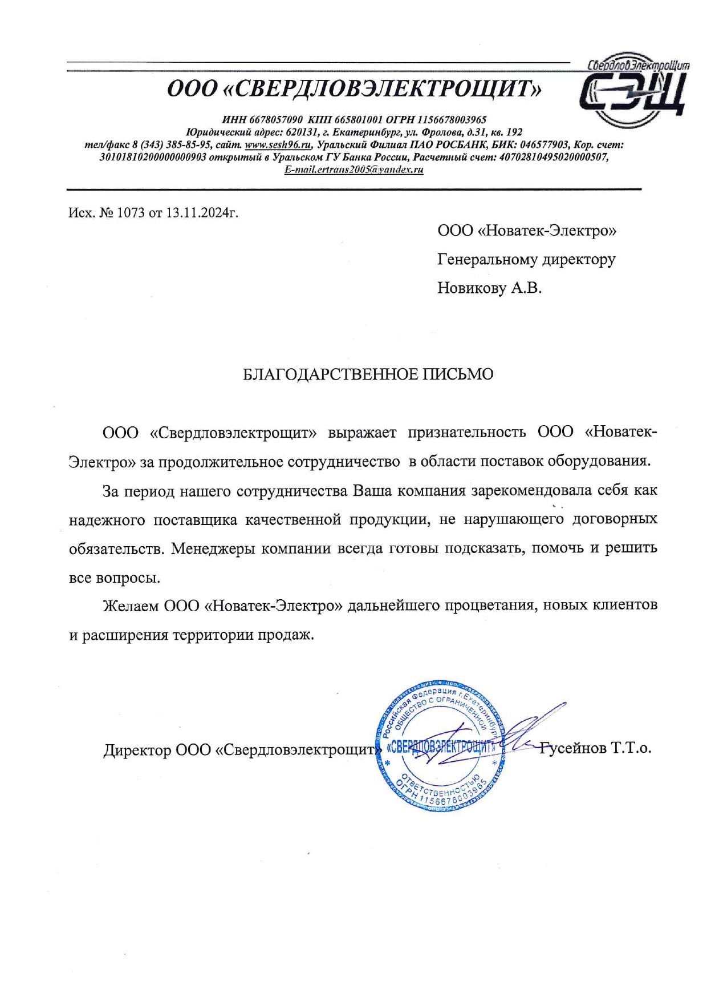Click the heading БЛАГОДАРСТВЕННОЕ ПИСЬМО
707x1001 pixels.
pyautogui.click(x=368, y=374)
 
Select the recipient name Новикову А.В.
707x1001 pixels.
pyautogui.click(x=489, y=288)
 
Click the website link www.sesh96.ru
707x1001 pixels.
pyautogui.click(x=278, y=145)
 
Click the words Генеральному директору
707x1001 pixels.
pyautogui.click(x=526, y=260)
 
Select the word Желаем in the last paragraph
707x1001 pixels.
pyautogui.click(x=131, y=606)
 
